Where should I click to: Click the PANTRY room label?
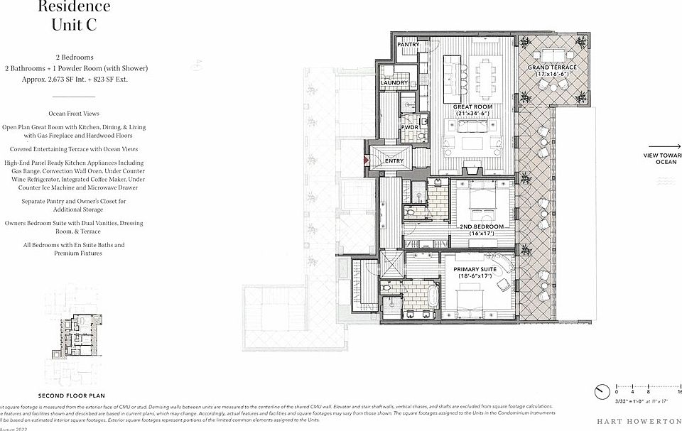pos(408,45)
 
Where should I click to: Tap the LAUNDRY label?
pos(394,82)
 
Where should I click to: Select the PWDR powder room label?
pos(409,128)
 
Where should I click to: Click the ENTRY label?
pos(394,161)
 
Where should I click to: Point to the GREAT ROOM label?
pos(473,110)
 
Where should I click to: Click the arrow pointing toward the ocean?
pos(667,146)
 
